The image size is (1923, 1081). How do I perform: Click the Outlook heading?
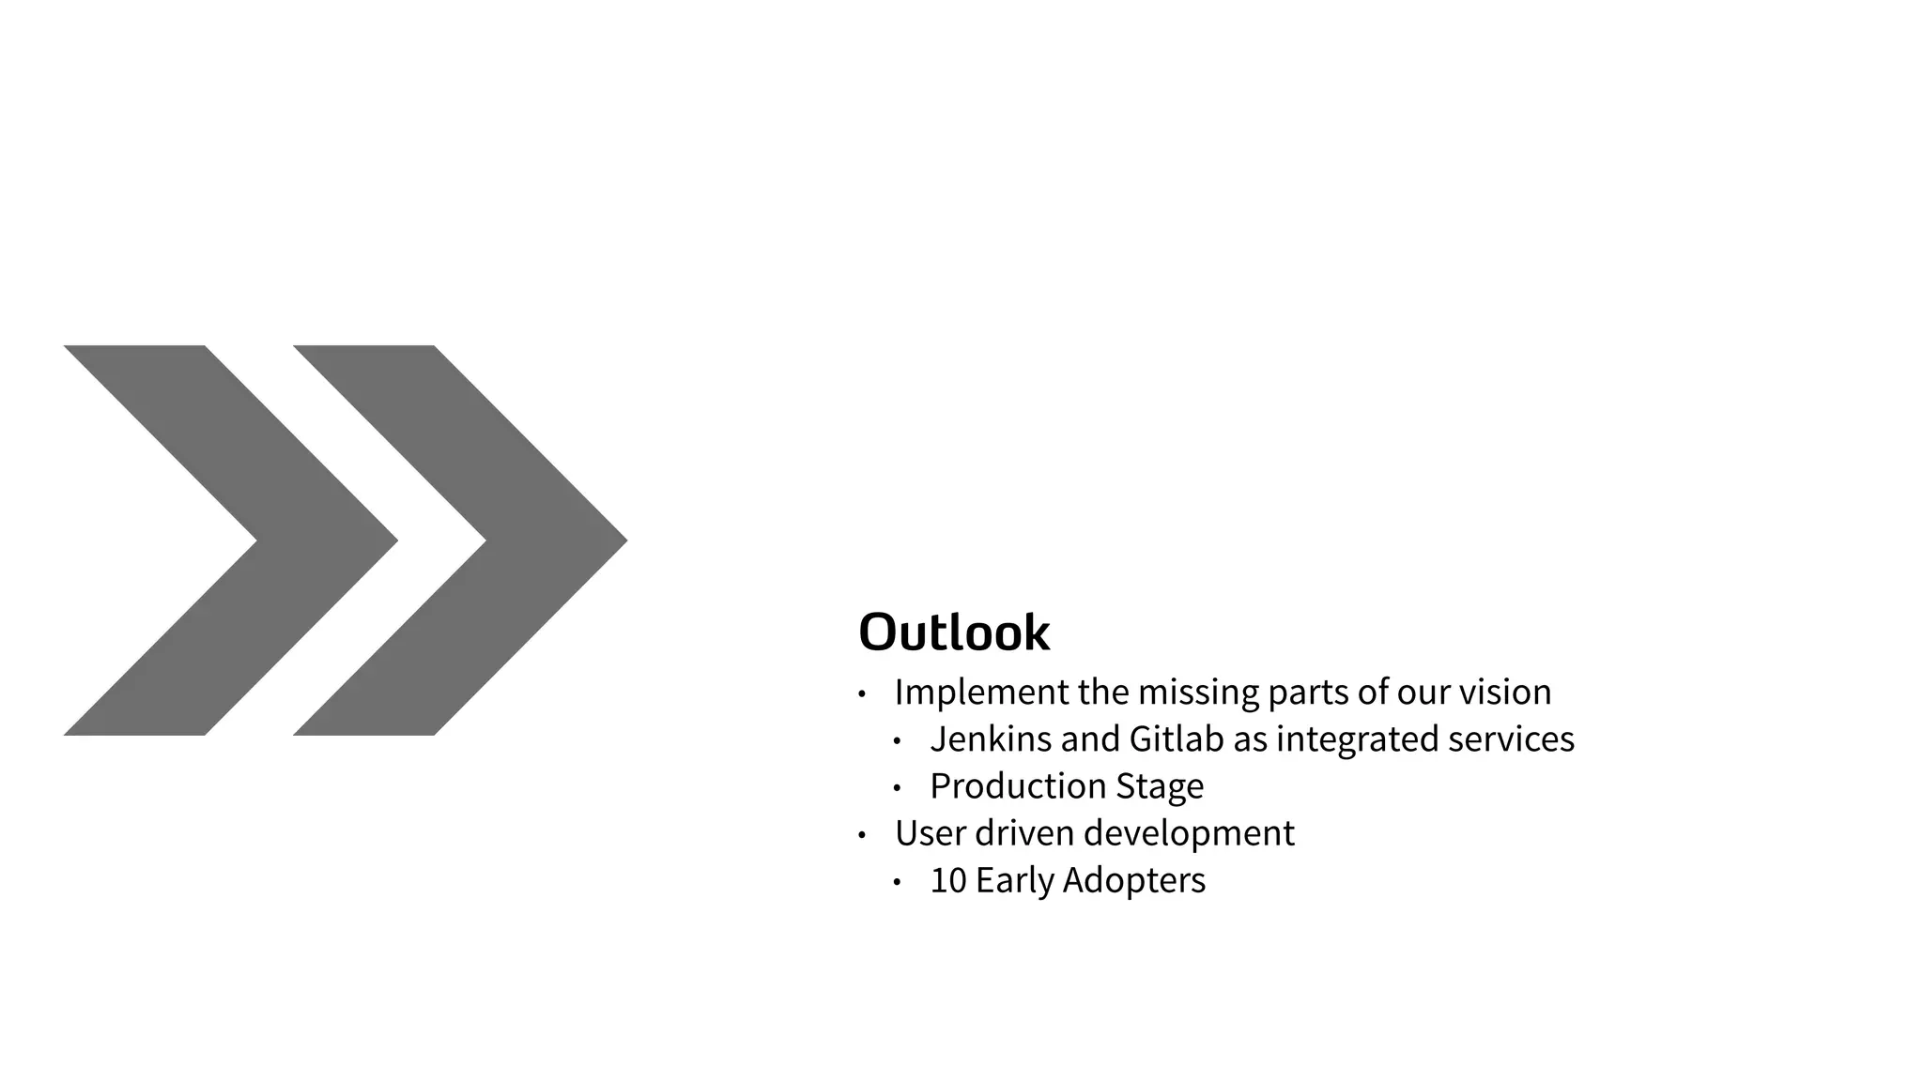click(x=954, y=632)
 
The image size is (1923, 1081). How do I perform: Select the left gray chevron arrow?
click(x=282, y=540)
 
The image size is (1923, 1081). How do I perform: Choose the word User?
click(x=931, y=833)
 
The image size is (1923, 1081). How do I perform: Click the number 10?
click(x=947, y=880)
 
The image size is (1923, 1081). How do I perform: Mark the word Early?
click(x=1015, y=880)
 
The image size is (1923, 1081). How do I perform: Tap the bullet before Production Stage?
click(x=897, y=788)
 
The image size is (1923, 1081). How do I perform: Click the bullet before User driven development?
click(x=862, y=835)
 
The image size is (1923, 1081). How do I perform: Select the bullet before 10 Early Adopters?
click(x=897, y=882)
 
